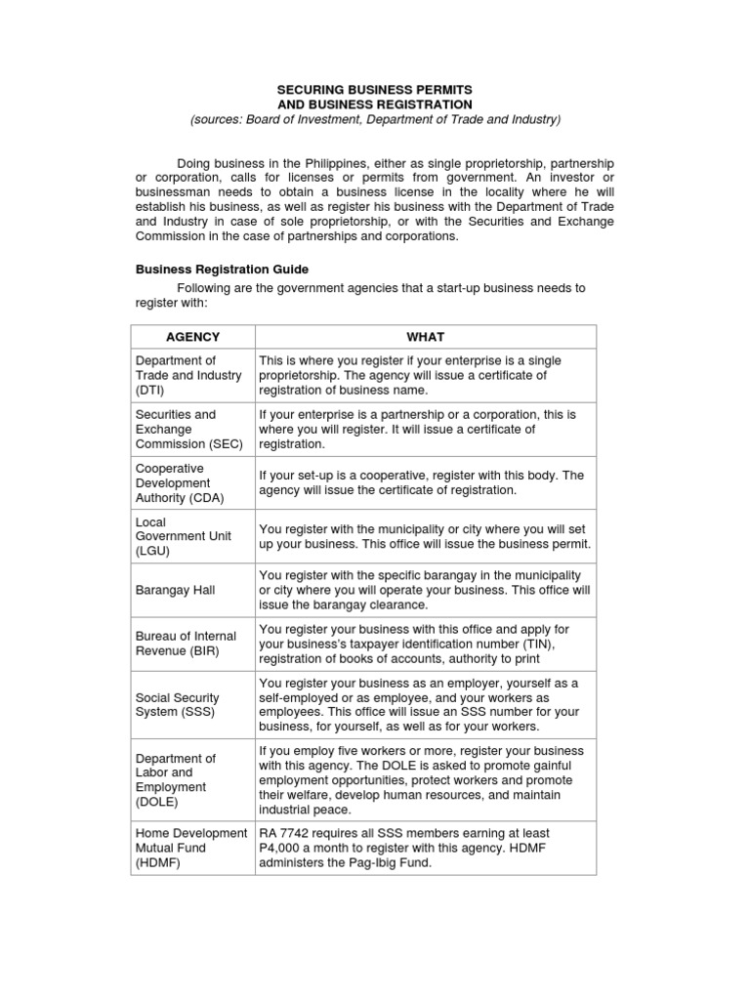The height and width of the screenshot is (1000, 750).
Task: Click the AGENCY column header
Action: [192, 337]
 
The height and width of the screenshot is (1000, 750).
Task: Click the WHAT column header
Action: [425, 337]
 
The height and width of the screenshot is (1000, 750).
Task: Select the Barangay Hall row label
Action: [176, 590]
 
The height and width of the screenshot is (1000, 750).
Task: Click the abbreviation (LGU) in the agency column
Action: [151, 551]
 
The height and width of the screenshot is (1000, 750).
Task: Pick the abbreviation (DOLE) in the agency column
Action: [156, 802]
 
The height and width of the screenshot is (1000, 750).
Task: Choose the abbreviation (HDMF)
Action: [156, 863]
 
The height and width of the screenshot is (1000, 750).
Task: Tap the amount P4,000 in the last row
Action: [282, 848]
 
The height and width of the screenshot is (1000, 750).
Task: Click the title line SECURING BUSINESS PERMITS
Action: [375, 89]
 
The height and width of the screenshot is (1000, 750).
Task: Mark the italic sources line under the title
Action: [375, 119]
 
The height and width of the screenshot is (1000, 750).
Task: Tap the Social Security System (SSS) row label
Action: [177, 704]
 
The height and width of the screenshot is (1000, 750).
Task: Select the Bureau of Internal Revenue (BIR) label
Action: [186, 644]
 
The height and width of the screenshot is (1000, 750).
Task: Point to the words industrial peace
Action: [304, 810]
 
